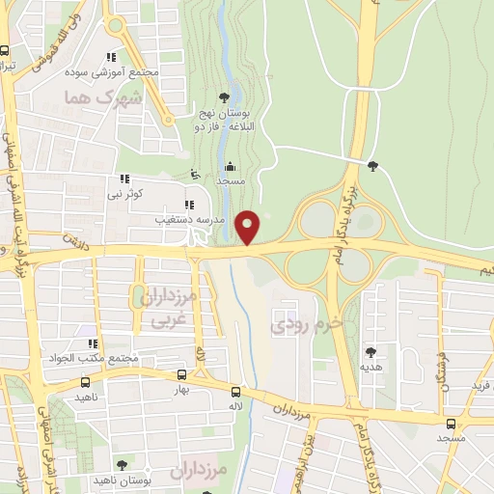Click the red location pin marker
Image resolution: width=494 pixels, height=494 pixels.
coord(248,227)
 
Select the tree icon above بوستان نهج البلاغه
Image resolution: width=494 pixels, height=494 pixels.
coord(224,96)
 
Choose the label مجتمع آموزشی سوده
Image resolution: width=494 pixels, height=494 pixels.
coord(112,73)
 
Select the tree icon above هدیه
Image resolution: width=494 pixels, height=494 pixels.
coord(371,353)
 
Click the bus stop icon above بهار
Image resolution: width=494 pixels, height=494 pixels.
coord(182,374)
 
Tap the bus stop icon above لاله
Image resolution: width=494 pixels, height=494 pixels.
coord(235,391)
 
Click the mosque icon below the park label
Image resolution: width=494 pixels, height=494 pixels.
coord(229,165)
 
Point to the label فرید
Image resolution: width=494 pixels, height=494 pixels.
coord(480,387)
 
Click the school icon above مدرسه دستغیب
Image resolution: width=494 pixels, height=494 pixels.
coord(189,205)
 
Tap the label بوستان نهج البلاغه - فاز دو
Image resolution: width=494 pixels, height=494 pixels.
coord(224,120)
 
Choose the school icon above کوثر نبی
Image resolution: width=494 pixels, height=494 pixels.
coord(124,178)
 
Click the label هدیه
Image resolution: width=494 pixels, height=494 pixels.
coord(371,368)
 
